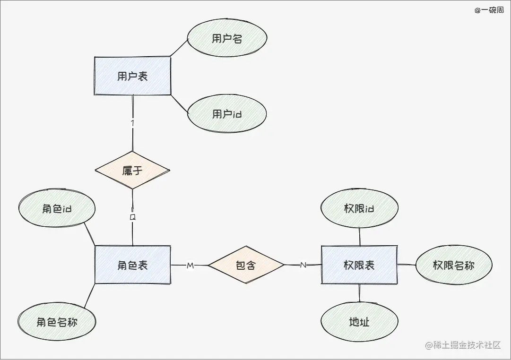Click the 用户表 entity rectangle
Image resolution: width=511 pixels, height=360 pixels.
132,76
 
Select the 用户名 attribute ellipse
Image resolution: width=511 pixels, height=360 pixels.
227,39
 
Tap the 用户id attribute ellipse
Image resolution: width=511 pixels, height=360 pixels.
227,114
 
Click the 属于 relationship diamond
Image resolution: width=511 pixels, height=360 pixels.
132,171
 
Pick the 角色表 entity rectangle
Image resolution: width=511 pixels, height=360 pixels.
132,265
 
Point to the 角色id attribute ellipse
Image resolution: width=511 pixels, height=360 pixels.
57,208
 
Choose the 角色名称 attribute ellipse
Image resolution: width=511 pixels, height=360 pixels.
57,322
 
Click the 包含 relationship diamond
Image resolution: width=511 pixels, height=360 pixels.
246,265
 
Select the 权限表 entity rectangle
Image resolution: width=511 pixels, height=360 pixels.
359,265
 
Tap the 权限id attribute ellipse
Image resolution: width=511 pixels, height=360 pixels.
359,208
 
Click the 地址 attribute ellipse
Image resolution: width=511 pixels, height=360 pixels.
359,322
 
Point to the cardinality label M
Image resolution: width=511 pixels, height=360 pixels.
191,266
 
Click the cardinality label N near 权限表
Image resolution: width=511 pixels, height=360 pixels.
303,265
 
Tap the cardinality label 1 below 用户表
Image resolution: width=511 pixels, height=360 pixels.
133,123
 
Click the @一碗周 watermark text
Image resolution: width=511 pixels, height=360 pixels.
489,10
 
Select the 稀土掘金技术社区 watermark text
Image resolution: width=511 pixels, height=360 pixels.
463,345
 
